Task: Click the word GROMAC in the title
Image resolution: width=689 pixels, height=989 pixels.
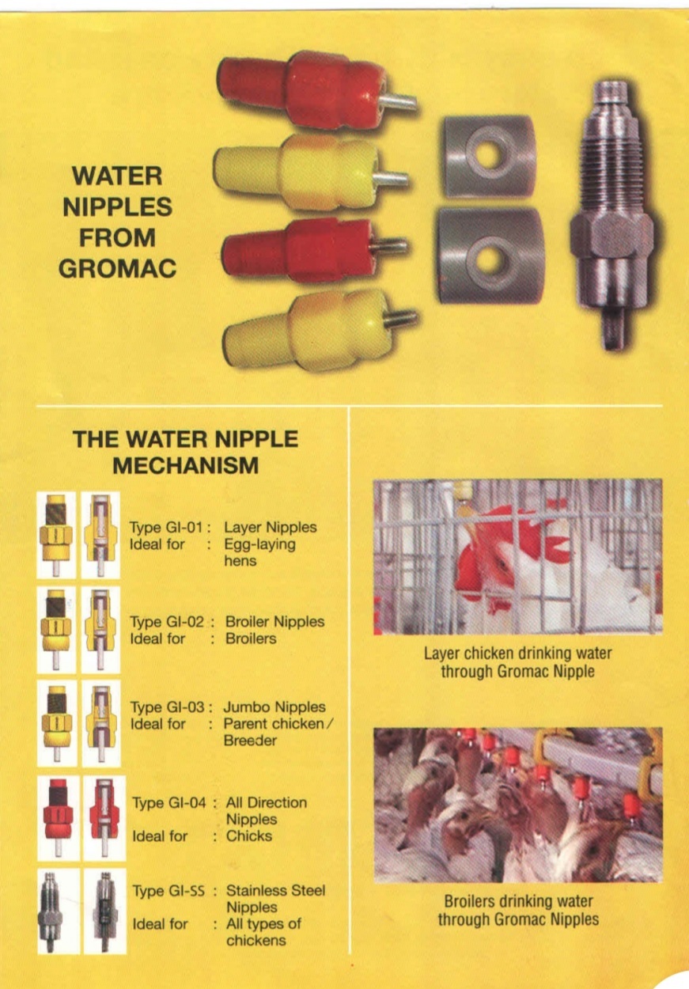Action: coord(117,268)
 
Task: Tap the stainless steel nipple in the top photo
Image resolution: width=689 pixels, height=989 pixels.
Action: coord(611,215)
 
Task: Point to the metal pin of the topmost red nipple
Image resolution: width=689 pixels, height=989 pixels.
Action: coord(397,103)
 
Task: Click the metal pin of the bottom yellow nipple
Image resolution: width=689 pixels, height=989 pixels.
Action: coord(400,318)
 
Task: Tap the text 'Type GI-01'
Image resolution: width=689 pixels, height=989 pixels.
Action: coord(166,527)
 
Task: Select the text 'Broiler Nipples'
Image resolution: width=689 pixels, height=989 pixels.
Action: coord(274,622)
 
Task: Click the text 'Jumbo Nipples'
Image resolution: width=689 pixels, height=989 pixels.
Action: coord(274,707)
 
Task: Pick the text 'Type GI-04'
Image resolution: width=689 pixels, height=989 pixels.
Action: coord(169,802)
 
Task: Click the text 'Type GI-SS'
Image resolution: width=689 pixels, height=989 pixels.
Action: coord(168,891)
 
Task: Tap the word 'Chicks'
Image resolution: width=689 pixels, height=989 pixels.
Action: coord(249,836)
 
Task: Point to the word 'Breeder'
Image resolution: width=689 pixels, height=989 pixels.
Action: coord(250,740)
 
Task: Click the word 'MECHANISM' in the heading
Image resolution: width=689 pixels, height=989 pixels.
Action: coord(185,466)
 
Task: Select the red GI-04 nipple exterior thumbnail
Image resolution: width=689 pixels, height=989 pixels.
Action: coord(59,818)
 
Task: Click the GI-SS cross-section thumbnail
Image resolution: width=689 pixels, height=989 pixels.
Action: coord(104,911)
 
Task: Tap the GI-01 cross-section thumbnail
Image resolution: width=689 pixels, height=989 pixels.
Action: coord(100,535)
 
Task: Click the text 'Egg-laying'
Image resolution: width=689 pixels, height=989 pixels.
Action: coord(259,544)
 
